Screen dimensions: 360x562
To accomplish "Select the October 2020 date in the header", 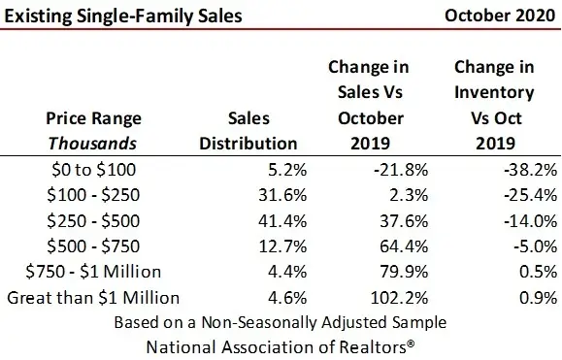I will (500, 16).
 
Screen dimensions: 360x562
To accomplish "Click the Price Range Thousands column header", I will (94, 130).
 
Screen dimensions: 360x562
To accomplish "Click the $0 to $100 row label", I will (94, 170).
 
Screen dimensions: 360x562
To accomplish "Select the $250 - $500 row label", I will (94, 221).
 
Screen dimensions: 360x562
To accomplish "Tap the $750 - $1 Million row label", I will (94, 272).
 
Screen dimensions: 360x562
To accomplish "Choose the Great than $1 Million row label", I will (94, 297).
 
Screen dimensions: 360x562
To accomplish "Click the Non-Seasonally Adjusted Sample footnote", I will (281, 320).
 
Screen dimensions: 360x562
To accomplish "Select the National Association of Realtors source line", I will (281, 344).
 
